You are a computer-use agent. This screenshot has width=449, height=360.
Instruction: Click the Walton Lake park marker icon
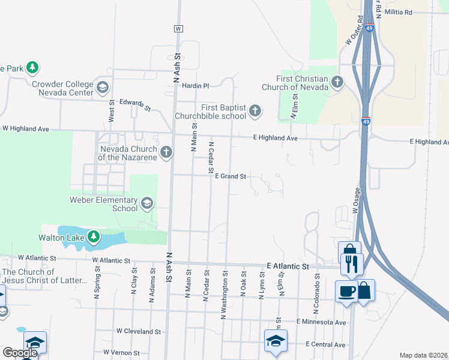93,237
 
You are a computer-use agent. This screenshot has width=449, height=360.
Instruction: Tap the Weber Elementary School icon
147,204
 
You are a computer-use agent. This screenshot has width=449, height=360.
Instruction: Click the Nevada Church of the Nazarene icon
166,152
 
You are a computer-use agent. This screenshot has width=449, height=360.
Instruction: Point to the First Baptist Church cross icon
255,111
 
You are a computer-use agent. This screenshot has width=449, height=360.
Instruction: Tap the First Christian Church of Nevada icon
337,82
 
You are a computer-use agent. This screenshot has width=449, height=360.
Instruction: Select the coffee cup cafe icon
346,291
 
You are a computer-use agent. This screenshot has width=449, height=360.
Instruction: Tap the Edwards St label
135,105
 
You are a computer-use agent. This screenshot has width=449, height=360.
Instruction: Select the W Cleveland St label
139,331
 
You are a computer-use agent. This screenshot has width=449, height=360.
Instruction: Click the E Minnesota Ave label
321,322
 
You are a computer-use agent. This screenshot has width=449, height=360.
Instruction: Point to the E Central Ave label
325,344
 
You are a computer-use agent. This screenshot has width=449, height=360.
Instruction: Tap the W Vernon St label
122,353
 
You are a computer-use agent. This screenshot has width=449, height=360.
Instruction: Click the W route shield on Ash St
178,29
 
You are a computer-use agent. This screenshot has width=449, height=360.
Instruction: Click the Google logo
19,353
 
